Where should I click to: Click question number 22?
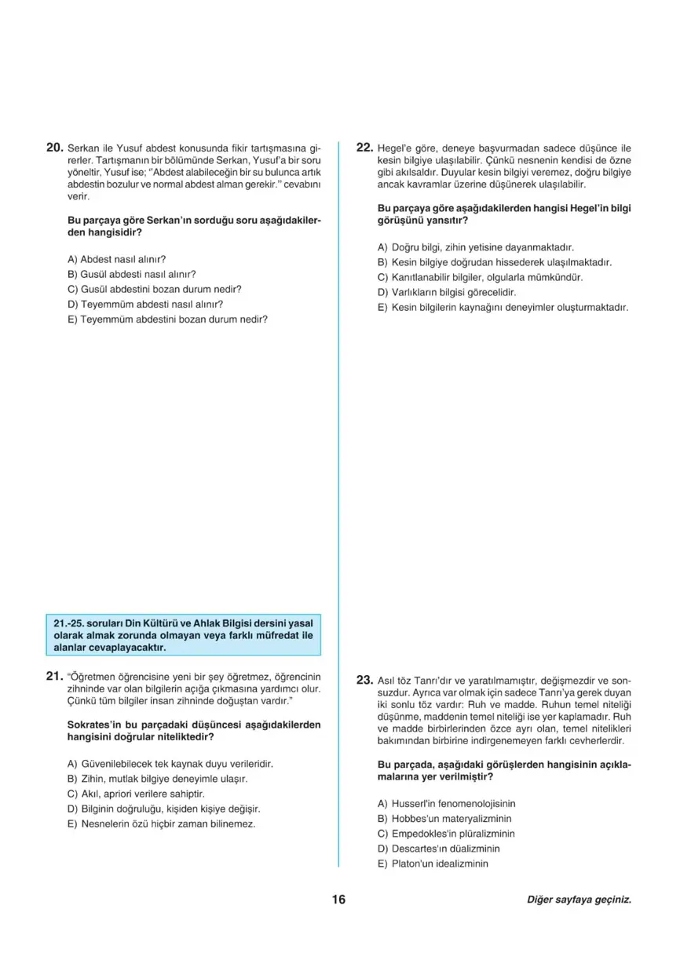coord(364,147)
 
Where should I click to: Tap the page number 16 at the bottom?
coord(338,900)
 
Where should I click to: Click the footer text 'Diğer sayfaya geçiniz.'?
coord(579,900)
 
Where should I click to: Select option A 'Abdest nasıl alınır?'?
coord(117,258)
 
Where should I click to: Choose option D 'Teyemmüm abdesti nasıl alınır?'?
coord(145,304)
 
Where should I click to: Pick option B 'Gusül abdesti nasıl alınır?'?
coord(131,274)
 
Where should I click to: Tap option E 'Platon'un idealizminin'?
coord(433,864)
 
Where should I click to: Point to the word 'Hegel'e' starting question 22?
coord(397,148)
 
